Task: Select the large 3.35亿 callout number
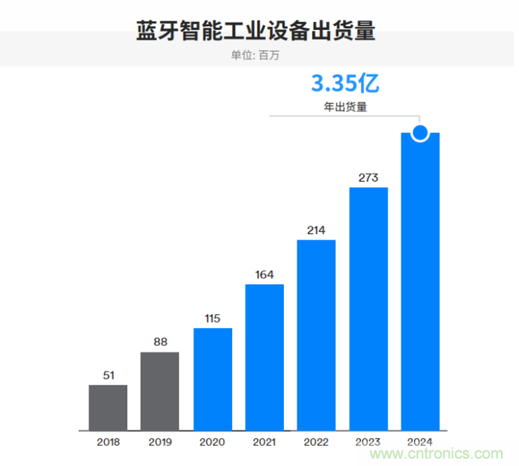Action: (345, 84)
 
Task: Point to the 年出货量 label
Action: (345, 106)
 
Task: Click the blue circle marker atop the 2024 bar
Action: (420, 132)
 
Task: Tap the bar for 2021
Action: (264, 356)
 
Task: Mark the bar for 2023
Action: (368, 309)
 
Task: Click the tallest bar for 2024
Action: (420, 284)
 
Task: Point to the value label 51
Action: (108, 374)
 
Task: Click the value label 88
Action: (160, 342)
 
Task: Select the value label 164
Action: (264, 274)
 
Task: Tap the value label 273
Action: (368, 177)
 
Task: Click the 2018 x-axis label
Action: (108, 442)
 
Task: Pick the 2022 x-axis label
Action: (316, 442)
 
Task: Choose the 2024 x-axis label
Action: (420, 442)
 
